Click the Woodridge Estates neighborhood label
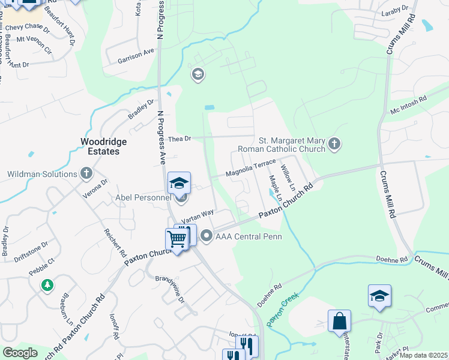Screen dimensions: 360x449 (100, 146)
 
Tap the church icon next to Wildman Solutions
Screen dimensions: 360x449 (86, 174)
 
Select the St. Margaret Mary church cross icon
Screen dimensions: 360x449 (335, 143)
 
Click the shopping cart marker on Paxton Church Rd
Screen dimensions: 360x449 (176, 239)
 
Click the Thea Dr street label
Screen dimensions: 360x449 (179, 139)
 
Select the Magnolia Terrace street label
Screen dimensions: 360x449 (250, 170)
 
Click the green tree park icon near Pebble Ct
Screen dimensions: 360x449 (47, 285)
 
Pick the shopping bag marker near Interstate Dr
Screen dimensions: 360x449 (339, 321)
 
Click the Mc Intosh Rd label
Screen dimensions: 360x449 (408, 106)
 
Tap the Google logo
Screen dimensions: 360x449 (20, 353)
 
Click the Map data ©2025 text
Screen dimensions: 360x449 (424, 355)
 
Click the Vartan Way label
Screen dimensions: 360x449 (197, 216)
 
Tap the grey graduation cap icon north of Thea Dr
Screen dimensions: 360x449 (197, 74)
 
